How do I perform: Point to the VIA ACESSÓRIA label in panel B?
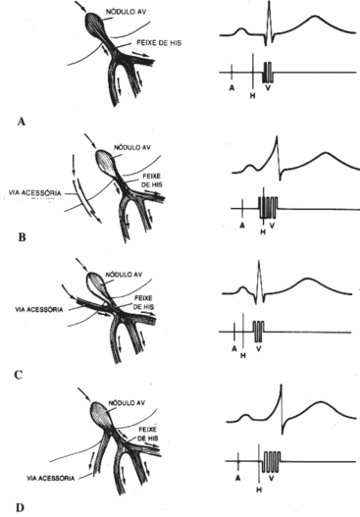click(30, 194)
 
